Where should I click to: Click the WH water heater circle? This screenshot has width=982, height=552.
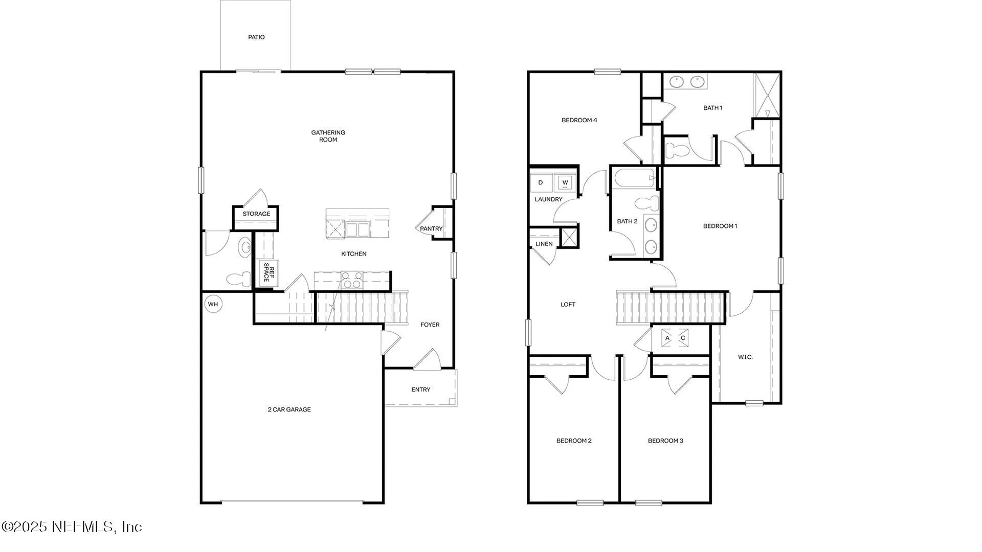point(213,305)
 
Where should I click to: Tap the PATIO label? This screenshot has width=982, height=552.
point(256,37)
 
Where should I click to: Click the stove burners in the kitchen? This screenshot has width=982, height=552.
point(352,281)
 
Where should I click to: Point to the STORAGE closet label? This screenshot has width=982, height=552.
point(256,214)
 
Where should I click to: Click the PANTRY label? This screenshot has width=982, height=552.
point(431,229)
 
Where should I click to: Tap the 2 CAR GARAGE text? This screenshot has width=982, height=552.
point(289,409)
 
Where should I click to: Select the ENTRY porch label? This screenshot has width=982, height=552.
point(420,389)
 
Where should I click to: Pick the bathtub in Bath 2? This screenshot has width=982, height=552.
point(634,178)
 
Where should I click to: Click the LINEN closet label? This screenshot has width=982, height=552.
point(544,244)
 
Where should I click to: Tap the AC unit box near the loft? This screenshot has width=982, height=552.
point(675,338)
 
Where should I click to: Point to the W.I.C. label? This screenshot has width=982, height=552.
point(745,357)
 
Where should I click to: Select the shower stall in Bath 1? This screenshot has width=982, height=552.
point(767,96)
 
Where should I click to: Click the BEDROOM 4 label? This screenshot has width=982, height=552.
point(579,121)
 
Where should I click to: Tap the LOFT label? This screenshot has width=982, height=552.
point(568,305)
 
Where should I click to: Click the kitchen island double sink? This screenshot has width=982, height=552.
point(357,229)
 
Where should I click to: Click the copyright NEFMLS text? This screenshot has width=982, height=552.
point(72,527)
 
